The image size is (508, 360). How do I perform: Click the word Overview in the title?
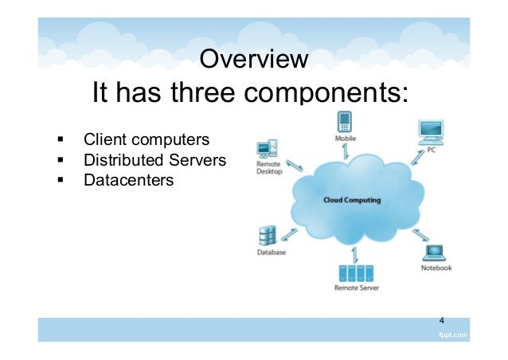pos(253,60)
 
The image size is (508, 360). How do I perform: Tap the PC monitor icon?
pos(431,130)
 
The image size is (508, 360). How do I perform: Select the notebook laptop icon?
pos(435,253)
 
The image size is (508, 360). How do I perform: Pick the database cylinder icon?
pos(268,236)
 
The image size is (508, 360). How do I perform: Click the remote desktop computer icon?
pos(267,149)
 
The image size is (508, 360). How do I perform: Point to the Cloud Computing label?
pos(351,200)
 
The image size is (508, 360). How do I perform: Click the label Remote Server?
pos(356,288)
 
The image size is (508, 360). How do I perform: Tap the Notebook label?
pos(436,268)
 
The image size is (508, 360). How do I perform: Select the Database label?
pos(271,252)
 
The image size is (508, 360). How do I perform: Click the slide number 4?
pos(443,320)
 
